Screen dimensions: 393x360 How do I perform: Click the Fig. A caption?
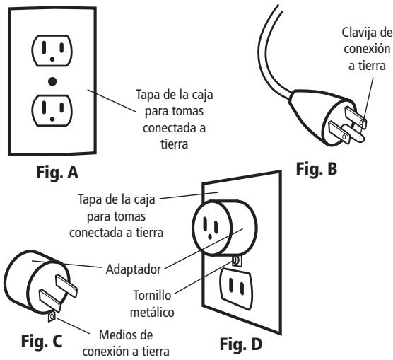click(x=57, y=173)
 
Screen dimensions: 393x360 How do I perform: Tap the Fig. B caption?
click(x=317, y=169)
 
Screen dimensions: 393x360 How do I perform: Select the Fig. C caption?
click(x=42, y=341)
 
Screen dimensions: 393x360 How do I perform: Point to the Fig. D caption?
click(x=241, y=344)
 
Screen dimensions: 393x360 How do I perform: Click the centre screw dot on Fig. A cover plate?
click(x=52, y=81)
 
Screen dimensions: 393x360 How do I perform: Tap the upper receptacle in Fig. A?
click(x=52, y=50)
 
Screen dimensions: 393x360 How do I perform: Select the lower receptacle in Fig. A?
click(x=52, y=110)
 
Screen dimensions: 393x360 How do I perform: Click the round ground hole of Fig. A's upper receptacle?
click(x=52, y=59)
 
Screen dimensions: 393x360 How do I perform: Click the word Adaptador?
click(x=134, y=269)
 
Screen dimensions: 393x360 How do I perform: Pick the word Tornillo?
click(x=152, y=295)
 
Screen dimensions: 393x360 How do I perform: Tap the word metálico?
click(x=152, y=313)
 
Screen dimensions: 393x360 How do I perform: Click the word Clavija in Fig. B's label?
click(x=358, y=33)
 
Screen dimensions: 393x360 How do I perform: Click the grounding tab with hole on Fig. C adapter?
click(x=52, y=317)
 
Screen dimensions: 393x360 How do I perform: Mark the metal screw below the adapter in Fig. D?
click(x=236, y=260)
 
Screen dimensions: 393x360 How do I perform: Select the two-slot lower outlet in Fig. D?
click(x=236, y=289)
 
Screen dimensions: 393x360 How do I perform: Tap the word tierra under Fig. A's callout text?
click(x=174, y=144)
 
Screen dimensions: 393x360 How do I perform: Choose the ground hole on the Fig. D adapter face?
click(x=210, y=236)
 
